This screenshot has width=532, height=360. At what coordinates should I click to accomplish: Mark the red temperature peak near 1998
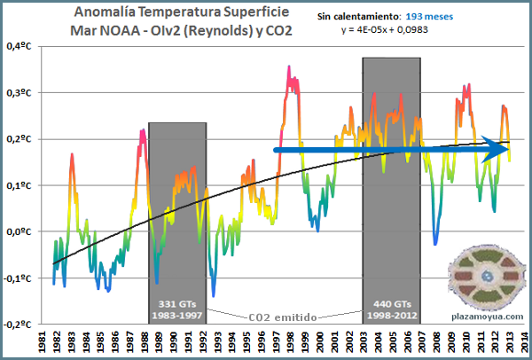[289, 68]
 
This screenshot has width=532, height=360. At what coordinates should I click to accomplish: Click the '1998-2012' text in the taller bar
[391, 316]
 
